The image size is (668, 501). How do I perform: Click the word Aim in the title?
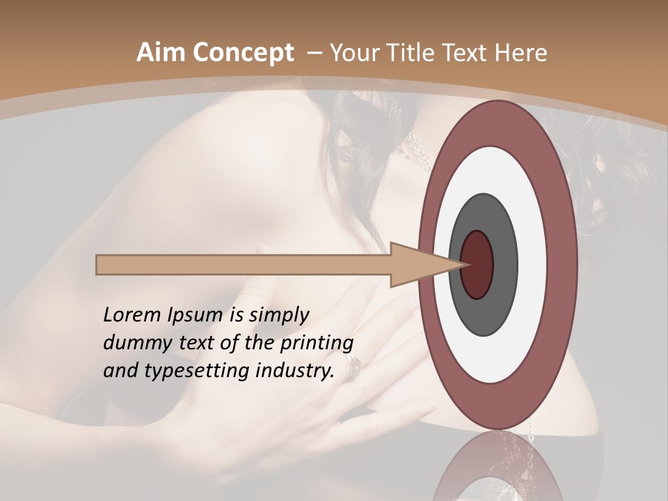[161, 53]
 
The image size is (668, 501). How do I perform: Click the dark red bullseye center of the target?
[477, 264]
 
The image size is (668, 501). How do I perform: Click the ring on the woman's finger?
[354, 362]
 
